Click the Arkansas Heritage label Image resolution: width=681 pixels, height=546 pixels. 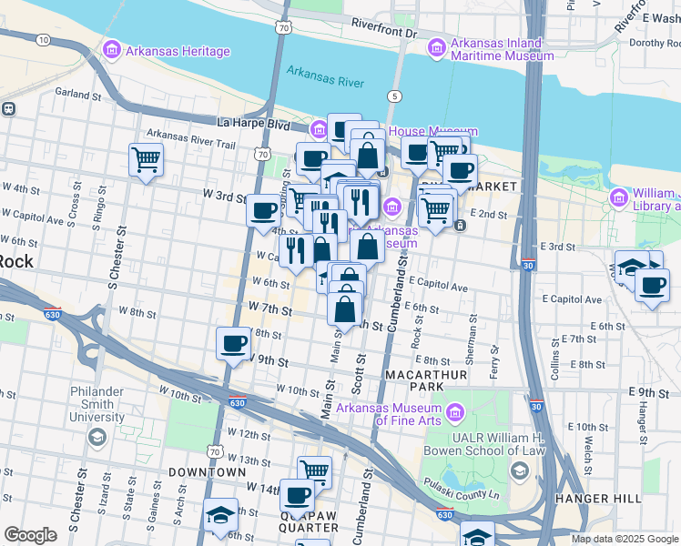click(x=178, y=51)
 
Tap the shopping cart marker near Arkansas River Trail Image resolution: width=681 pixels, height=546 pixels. click(x=146, y=160)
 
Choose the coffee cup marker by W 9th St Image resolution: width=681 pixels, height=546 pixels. click(x=234, y=344)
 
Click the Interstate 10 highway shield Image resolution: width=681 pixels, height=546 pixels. click(x=43, y=39)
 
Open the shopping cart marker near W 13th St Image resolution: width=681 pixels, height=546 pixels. click(x=315, y=472)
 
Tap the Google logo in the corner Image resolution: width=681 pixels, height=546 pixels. click(x=30, y=535)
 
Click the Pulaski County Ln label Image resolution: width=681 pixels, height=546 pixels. click(x=458, y=486)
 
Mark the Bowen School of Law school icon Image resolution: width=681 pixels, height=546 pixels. click(x=520, y=470)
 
